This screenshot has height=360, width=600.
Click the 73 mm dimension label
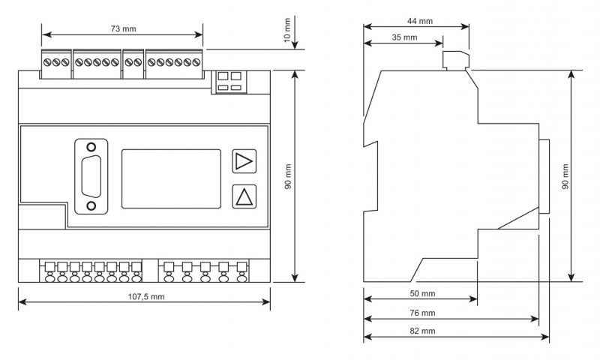point(123,28)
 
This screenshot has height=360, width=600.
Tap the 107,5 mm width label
point(146,297)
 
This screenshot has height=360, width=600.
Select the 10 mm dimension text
point(287,30)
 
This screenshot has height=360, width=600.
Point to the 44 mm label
point(420,21)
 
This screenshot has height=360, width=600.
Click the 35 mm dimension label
point(404,37)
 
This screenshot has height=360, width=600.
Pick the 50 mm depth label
point(422,294)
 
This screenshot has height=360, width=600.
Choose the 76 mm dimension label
point(422,313)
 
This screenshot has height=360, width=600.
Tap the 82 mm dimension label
point(422,331)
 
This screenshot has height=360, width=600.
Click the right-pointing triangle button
point(244,161)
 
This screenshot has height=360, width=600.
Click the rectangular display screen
point(171,178)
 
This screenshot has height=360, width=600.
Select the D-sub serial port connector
point(91,176)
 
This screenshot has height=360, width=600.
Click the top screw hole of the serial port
point(91,147)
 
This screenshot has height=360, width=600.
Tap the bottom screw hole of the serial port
point(91,205)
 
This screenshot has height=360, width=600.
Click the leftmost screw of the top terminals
point(47,62)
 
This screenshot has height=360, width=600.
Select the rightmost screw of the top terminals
point(196,62)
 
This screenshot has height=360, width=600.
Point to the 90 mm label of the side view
point(565,177)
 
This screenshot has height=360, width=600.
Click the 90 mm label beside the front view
point(288,177)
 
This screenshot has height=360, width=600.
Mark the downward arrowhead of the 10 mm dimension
point(295,45)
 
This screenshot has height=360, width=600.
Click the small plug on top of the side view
point(456,61)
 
